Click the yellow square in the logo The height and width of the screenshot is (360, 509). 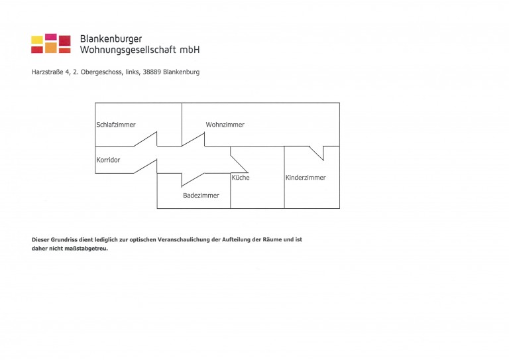click(x=37, y=40)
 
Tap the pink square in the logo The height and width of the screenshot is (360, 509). click(x=50, y=36)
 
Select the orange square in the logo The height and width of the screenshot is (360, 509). click(x=50, y=48)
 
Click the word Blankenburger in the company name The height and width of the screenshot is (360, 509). click(x=111, y=39)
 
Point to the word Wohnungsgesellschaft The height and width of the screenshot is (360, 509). click(x=128, y=50)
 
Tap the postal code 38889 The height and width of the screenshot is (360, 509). click(x=152, y=72)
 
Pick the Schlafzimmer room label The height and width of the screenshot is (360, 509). click(x=116, y=125)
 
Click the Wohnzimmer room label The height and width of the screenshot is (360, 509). click(x=225, y=125)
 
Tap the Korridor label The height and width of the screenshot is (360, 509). click(x=108, y=160)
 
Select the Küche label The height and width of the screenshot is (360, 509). click(x=241, y=178)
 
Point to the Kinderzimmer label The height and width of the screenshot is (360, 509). click(x=306, y=178)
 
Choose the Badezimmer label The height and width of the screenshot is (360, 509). click(x=201, y=196)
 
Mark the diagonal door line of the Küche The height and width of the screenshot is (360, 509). click(x=239, y=164)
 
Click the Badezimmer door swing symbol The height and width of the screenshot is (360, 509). click(x=193, y=180)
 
